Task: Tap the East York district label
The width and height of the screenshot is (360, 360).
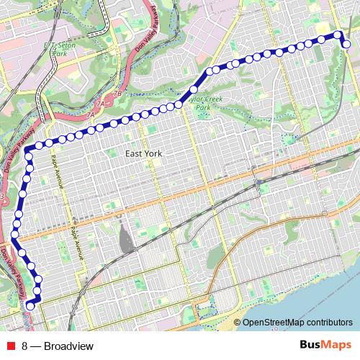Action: pos(143,153)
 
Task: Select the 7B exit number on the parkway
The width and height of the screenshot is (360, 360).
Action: pos(117,94)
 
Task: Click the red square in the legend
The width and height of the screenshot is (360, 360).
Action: pos(10,346)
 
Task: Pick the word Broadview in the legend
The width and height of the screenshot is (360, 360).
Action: pos(68,346)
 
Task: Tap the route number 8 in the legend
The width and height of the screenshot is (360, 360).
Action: pos(24,346)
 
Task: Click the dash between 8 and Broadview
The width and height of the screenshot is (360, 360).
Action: pos(35,346)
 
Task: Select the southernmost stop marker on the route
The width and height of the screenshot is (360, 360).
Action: pos(30,306)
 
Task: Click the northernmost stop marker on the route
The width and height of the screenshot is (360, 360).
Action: pos(336,34)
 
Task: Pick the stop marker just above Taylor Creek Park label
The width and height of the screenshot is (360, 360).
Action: pos(193,90)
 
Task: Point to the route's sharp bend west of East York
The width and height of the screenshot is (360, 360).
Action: pos(27,149)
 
